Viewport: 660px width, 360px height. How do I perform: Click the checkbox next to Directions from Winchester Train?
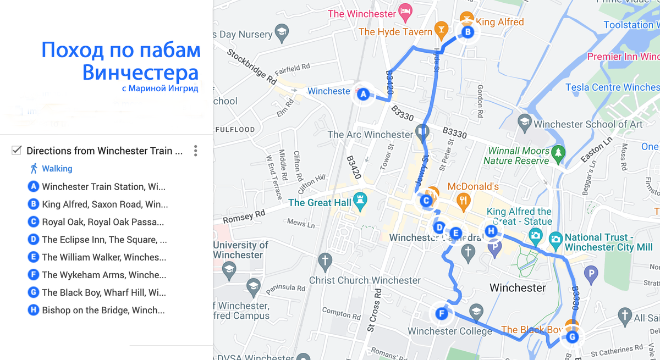pyautogui.click(x=16, y=151)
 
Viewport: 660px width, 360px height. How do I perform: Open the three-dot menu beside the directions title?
pyautogui.click(x=195, y=151)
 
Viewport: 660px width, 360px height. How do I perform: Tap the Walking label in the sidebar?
pyautogui.click(x=57, y=169)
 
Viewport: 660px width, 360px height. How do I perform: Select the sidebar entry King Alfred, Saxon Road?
pyautogui.click(x=105, y=204)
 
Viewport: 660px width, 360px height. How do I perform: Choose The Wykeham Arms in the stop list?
pyautogui.click(x=104, y=275)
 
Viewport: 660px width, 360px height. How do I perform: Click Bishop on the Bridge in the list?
pyautogui.click(x=103, y=310)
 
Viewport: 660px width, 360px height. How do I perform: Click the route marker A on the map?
pyautogui.click(x=362, y=94)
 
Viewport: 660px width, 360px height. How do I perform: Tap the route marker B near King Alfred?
pyautogui.click(x=467, y=32)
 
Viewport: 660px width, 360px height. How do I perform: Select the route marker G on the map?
pyautogui.click(x=572, y=337)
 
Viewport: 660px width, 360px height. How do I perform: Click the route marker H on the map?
pyautogui.click(x=491, y=231)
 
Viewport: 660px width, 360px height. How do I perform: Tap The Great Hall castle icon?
pyautogui.click(x=361, y=202)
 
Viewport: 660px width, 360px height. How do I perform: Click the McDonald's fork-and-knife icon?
pyautogui.click(x=464, y=202)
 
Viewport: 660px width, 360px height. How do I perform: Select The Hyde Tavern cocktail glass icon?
pyautogui.click(x=441, y=29)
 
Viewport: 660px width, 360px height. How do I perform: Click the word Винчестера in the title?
pyautogui.click(x=140, y=72)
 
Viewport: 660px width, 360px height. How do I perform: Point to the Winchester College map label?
pyautogui.click(x=449, y=331)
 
